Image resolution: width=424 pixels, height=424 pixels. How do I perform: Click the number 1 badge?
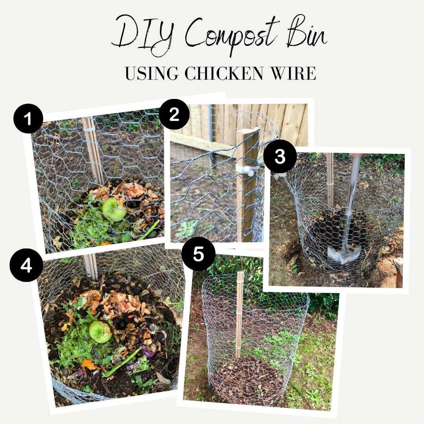28,118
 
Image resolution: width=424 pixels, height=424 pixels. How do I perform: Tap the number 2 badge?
174,114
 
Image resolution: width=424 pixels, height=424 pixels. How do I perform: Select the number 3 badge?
280,157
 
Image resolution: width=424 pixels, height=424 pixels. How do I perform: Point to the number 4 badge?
26,265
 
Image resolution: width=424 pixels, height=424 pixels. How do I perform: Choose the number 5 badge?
199,254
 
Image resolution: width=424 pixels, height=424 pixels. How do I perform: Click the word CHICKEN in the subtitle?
224,73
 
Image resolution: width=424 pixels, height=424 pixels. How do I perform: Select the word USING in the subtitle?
152,73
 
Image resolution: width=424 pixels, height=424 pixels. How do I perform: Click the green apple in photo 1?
114,209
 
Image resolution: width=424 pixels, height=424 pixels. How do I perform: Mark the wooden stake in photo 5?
239,314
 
